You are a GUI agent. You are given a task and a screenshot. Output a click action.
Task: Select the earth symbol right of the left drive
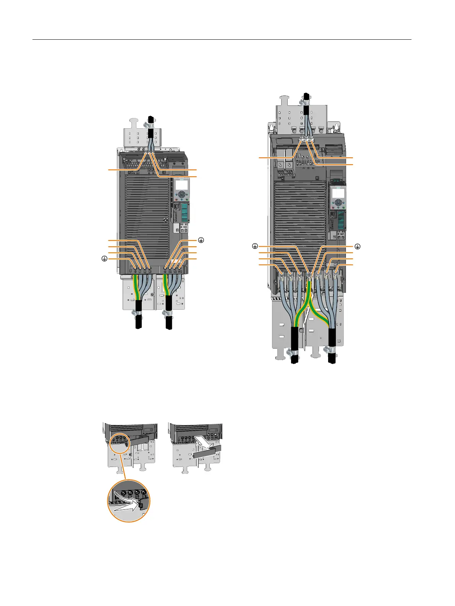coord(201,240)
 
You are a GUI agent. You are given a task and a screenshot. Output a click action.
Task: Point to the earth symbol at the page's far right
coord(358,246)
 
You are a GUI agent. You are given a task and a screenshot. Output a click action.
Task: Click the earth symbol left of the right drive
coord(255,246)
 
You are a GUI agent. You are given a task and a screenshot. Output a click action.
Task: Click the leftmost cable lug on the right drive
coord(282,274)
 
